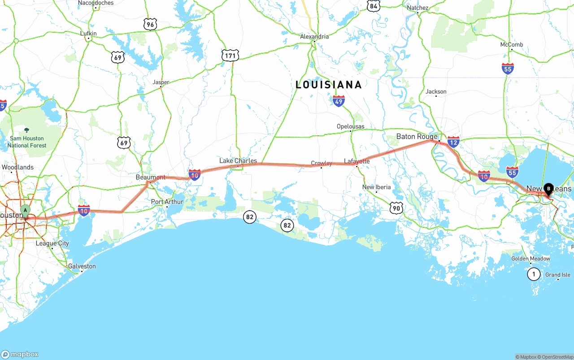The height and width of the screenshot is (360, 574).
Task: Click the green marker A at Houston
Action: click(26, 210)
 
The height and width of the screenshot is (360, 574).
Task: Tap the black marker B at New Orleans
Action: click(548, 189)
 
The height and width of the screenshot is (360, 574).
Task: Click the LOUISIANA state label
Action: click(328, 85)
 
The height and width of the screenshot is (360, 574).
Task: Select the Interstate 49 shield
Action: click(339, 100)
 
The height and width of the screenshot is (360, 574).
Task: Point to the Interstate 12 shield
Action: click(453, 142)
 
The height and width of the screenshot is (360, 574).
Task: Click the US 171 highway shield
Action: click(230, 56)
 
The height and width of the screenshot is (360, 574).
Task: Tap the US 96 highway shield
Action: click(150, 24)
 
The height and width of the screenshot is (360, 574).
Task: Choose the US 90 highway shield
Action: click(396, 208)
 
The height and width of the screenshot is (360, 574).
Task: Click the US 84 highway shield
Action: click(374, 5)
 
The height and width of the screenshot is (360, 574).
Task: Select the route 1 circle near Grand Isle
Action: click(533, 273)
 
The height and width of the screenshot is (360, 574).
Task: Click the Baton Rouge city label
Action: click(417, 136)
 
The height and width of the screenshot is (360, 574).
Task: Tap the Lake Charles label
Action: click(238, 160)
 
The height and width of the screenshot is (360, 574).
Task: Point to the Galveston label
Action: click(82, 266)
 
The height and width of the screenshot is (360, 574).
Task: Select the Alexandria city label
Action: click(314, 36)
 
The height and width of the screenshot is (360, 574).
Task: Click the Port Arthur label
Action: click(167, 202)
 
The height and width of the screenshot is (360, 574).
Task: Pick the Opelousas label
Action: click(351, 126)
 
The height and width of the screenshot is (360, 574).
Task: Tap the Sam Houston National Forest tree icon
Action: click(26, 130)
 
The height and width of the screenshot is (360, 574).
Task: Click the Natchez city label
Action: click(417, 8)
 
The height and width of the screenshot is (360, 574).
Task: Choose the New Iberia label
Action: click(376, 187)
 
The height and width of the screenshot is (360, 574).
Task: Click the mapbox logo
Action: click(20, 354)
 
